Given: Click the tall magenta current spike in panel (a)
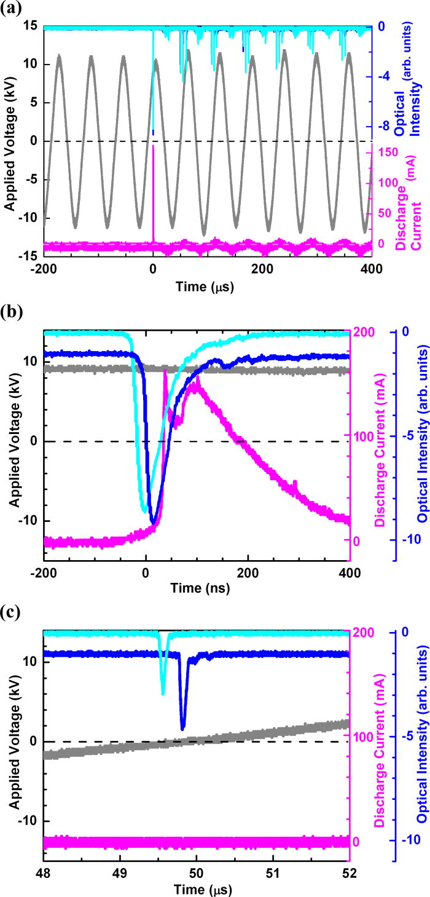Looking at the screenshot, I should pos(153,184).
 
